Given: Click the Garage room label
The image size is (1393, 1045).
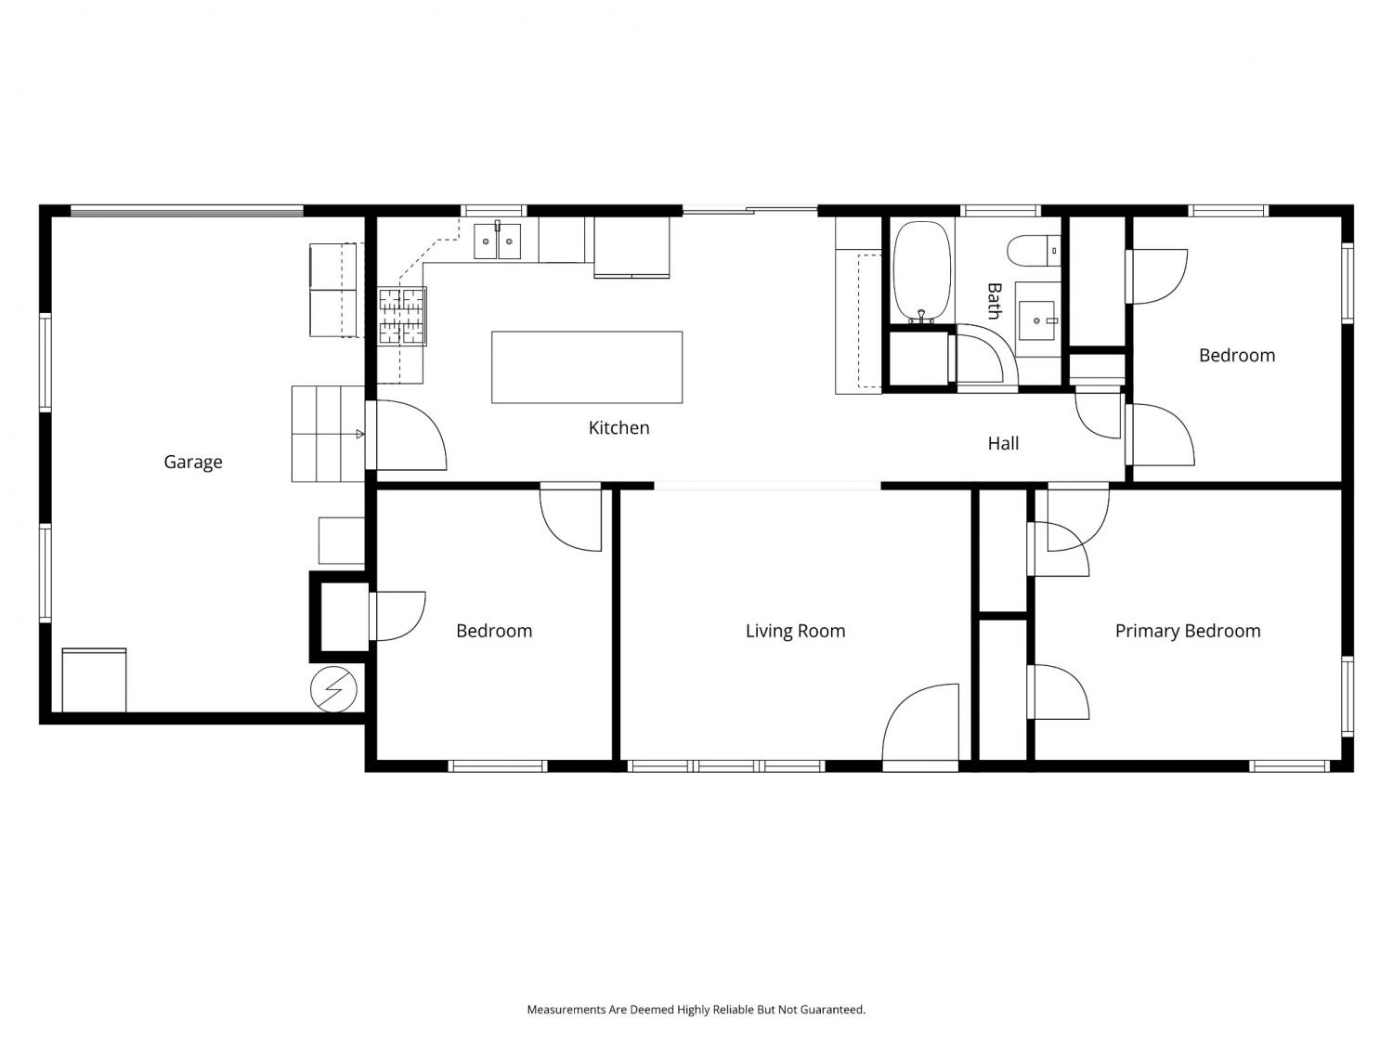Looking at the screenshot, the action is [x=193, y=462].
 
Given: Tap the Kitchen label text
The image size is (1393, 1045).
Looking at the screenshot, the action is [x=618, y=427].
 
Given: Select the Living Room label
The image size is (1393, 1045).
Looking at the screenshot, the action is [x=795, y=631].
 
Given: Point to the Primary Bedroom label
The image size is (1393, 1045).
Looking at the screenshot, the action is [x=1188, y=631].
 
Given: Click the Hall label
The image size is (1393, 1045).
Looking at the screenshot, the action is [x=1003, y=443].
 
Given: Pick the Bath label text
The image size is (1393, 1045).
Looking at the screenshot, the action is [x=994, y=301].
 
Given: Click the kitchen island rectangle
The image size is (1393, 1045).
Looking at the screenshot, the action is [x=586, y=367].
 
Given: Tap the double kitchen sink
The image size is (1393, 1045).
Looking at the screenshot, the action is [x=497, y=242].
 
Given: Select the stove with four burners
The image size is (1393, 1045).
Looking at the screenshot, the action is [x=402, y=316].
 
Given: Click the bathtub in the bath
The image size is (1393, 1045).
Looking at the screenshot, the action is [x=921, y=271].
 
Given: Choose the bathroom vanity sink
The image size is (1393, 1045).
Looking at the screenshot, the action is [x=1037, y=320].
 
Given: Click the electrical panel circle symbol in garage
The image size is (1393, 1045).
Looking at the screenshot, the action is [x=333, y=689].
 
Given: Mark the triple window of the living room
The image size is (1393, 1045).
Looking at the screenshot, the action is [x=726, y=765].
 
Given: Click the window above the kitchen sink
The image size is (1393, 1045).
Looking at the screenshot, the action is [x=493, y=211].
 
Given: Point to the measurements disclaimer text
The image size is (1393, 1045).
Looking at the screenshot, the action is [x=696, y=1009].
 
